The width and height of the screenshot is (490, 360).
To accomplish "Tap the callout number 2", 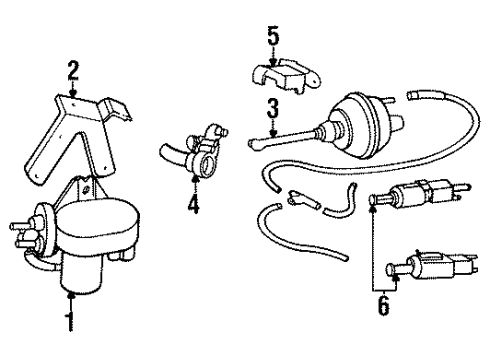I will [x=72, y=70].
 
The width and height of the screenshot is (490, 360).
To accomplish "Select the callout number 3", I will [x=270, y=108].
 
